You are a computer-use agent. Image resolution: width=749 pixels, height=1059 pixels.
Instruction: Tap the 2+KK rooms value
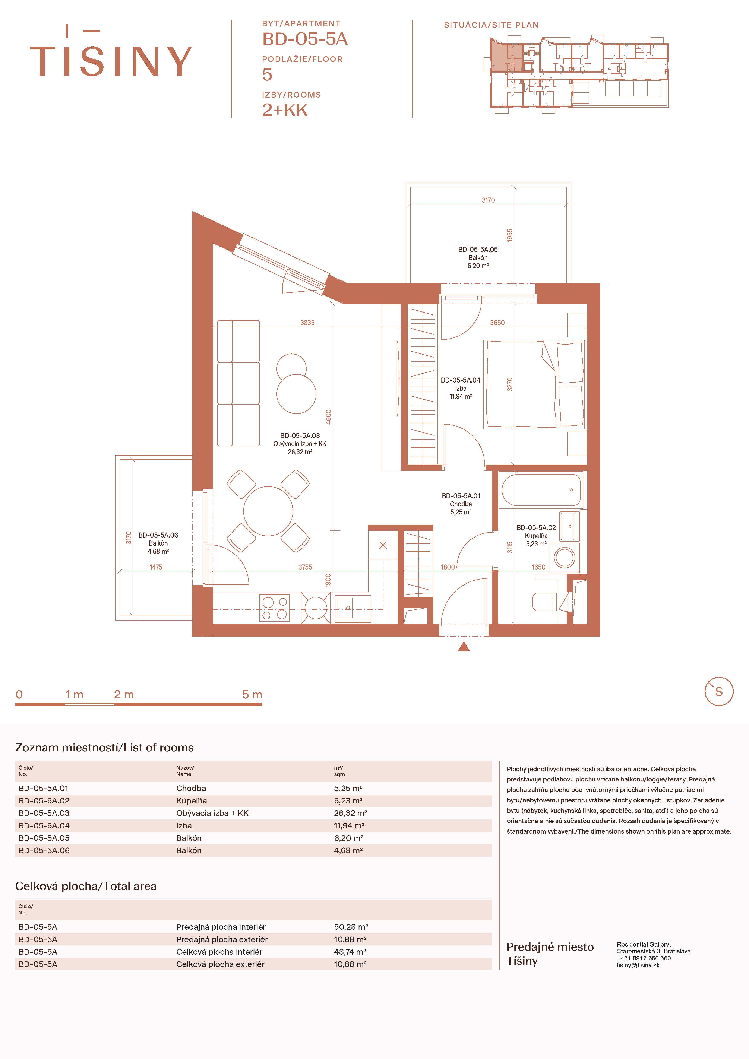click(x=285, y=110)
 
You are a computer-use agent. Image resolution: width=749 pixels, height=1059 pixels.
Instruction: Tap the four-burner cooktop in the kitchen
click(x=275, y=608)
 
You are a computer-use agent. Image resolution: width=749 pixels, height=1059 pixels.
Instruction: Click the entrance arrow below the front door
click(x=464, y=647)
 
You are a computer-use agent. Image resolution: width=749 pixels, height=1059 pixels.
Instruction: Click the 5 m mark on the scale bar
click(x=252, y=695)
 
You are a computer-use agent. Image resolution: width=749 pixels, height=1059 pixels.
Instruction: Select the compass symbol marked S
click(x=718, y=691)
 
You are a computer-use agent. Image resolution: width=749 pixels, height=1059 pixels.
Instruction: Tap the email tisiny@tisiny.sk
click(x=638, y=965)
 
